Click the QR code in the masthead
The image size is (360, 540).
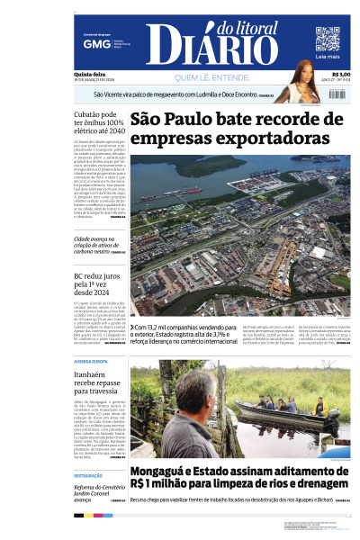327,38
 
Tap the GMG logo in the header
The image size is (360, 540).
91,43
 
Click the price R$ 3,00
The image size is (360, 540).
341,75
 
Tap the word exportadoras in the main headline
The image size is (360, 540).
229,139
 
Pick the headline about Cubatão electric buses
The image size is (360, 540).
99,123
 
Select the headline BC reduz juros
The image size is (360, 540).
93,285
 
